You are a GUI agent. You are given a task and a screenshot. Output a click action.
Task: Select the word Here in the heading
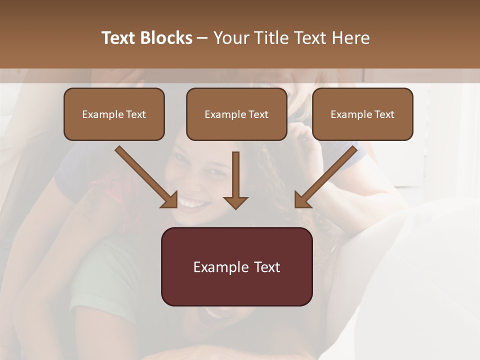click(x=350, y=38)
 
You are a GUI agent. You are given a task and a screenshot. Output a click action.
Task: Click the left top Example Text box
click(x=114, y=114)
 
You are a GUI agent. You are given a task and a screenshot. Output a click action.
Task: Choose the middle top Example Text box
click(x=236, y=114)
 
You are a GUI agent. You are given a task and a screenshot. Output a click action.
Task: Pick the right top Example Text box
click(x=362, y=114)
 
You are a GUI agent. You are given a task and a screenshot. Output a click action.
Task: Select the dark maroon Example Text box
click(x=236, y=266)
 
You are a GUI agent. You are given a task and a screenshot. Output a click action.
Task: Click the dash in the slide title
click(x=202, y=38)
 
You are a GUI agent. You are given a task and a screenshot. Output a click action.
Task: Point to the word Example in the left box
click(x=100, y=114)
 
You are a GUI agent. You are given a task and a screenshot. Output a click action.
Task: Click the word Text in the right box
click(x=384, y=114)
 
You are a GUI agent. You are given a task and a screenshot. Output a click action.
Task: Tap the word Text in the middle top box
click(x=258, y=114)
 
